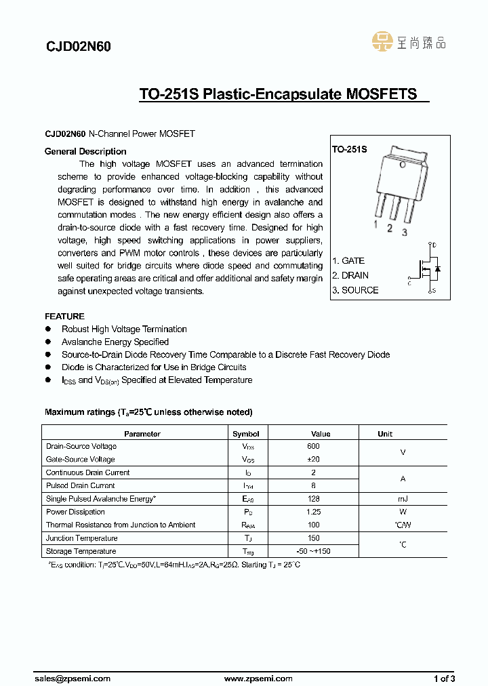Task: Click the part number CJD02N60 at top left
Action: coord(78,47)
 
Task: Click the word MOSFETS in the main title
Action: coord(382,94)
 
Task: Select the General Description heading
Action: coord(85,151)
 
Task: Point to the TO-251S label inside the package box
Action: coord(350,148)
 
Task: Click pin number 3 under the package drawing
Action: coord(405,233)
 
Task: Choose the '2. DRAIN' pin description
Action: coord(350,275)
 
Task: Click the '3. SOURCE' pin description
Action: coord(355,290)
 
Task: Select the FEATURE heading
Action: coord(64,316)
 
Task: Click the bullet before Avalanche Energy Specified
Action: coord(48,342)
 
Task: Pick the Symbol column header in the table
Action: coord(246,434)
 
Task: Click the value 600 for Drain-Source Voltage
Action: coord(313,446)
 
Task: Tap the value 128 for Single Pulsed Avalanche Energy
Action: coord(313,499)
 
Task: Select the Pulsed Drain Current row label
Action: coord(81,485)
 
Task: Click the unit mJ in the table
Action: coord(403,499)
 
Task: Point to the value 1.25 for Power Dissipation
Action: coord(313,512)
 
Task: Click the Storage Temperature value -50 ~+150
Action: coord(313,551)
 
